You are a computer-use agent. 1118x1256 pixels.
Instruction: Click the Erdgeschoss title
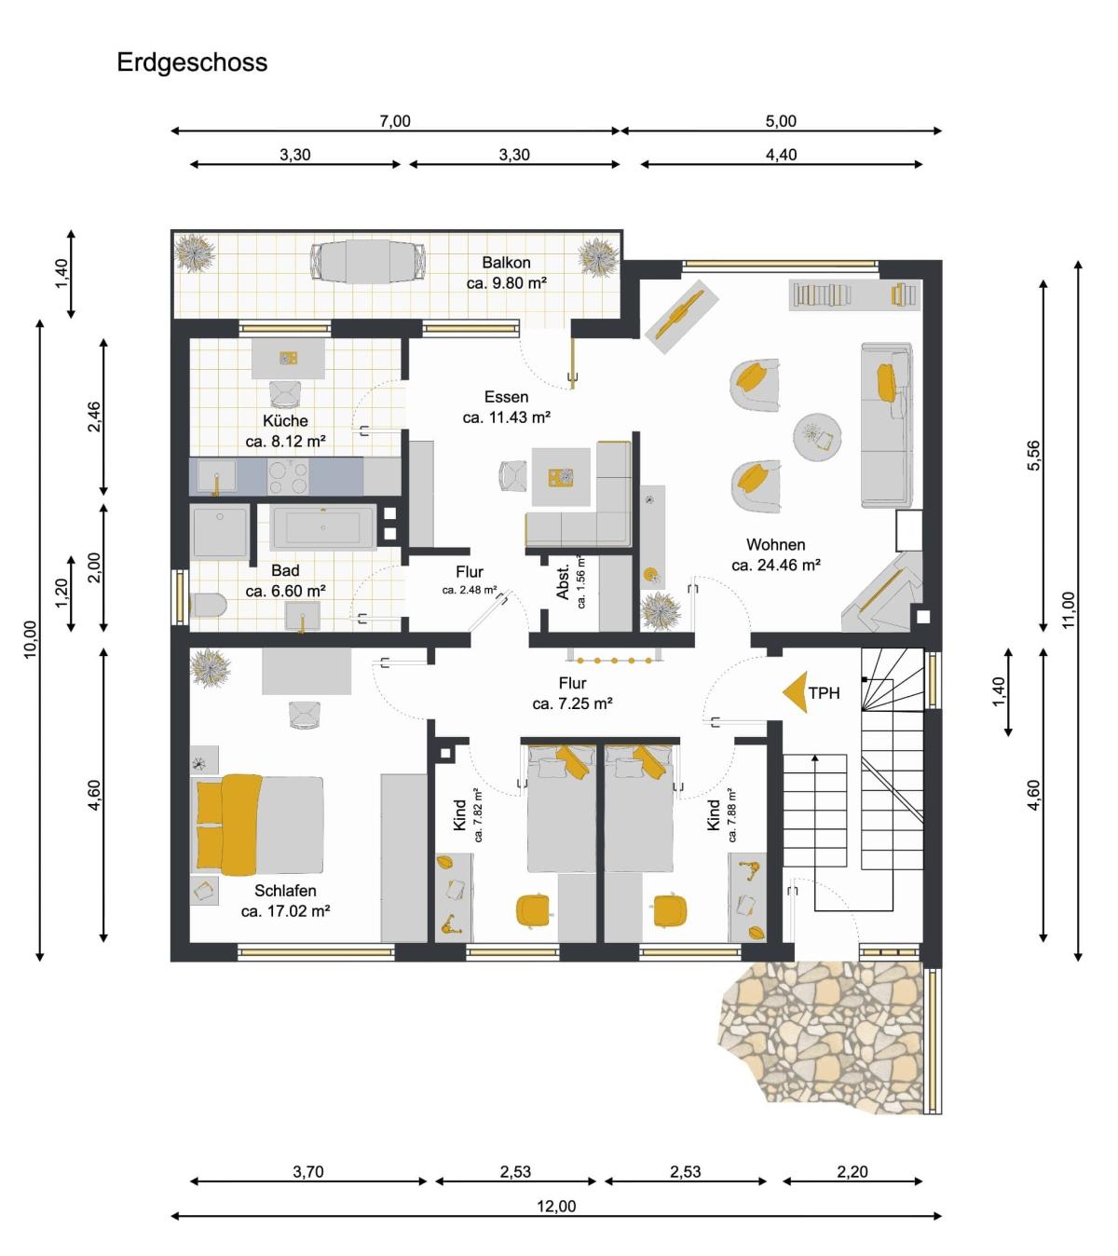192,62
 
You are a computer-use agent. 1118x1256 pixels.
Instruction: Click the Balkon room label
506,262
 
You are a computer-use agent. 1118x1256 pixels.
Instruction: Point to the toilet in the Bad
208,605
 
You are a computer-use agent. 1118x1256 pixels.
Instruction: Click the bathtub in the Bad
322,527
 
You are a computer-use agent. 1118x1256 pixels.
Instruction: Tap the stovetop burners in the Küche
288,477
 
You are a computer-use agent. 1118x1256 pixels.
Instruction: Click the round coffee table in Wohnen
817,436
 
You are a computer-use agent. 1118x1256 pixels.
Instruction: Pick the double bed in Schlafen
260,825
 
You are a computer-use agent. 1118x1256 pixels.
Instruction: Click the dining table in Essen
561,477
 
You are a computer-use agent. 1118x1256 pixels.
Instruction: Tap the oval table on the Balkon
368,262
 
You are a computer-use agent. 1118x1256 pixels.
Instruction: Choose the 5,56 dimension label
1034,456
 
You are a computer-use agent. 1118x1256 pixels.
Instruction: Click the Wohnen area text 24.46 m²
776,566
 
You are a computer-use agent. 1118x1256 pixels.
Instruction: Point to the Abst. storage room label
563,582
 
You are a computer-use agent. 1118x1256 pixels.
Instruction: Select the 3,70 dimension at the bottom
308,1172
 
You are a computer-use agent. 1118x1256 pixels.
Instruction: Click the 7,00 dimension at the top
395,121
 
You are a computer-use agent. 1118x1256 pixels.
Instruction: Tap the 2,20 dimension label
852,1172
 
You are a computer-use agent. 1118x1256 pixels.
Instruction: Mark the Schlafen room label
285,890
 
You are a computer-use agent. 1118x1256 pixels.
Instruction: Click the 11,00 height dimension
1069,610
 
